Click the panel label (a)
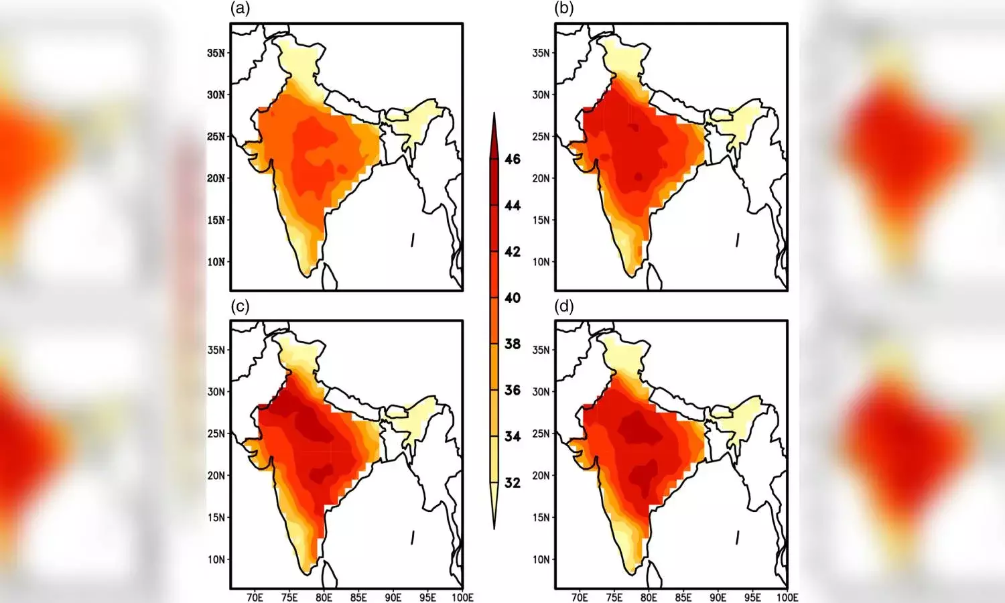pyautogui.click(x=240, y=9)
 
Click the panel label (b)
pyautogui.click(x=564, y=9)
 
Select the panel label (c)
pyautogui.click(x=240, y=306)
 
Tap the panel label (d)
pyautogui.click(x=564, y=306)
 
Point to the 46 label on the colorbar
pyautogui.click(x=513, y=159)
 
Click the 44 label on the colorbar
pyautogui.click(x=513, y=205)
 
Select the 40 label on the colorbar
pyautogui.click(x=513, y=297)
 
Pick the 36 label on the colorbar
pyautogui.click(x=513, y=390)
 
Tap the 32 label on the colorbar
pyautogui.click(x=513, y=482)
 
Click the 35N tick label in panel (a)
pyautogui.click(x=216, y=53)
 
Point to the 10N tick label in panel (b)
pyautogui.click(x=541, y=262)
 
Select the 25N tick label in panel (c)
pyautogui.click(x=216, y=433)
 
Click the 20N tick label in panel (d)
pyautogui.click(x=541, y=476)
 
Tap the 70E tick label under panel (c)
pyautogui.click(x=255, y=597)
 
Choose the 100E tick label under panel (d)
pyautogui.click(x=787, y=597)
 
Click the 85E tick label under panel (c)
pyautogui.click(x=358, y=597)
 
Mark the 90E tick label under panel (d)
pyautogui.click(x=718, y=597)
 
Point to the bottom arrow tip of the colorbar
pyautogui.click(x=494, y=528)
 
